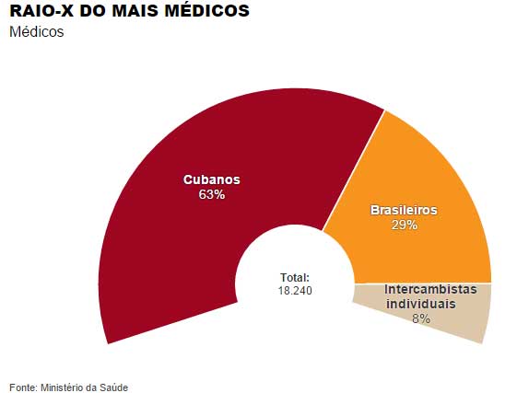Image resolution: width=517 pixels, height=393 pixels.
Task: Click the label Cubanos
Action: click(x=212, y=179)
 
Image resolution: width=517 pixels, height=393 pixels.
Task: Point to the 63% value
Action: click(x=212, y=195)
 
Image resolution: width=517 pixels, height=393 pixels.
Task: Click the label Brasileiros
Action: click(x=404, y=210)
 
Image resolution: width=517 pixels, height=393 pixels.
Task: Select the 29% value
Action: click(x=404, y=225)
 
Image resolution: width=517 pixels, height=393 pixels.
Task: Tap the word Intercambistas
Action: click(x=430, y=289)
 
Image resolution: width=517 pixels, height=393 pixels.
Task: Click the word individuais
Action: click(x=420, y=304)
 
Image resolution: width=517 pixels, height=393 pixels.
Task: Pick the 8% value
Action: click(x=421, y=318)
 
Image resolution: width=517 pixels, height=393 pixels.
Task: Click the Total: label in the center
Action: click(x=295, y=277)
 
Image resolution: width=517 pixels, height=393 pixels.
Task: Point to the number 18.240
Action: click(x=295, y=290)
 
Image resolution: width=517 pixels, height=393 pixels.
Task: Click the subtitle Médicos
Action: click(x=37, y=32)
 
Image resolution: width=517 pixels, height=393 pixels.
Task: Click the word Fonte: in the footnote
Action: click(x=23, y=387)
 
